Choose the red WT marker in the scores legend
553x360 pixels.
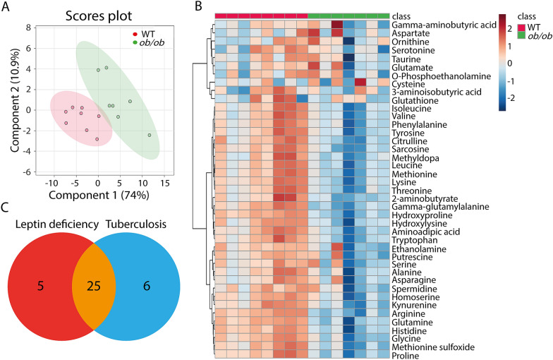(x=135, y=33)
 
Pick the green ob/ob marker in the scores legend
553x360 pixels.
(x=135, y=43)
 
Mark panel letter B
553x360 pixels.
(x=199, y=7)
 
